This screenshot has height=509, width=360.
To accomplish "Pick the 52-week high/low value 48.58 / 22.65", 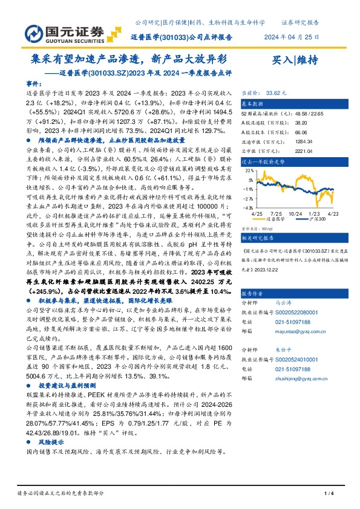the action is pyautogui.click(x=296, y=114).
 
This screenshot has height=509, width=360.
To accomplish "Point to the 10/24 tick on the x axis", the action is pyautogui.click(x=295, y=215).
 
